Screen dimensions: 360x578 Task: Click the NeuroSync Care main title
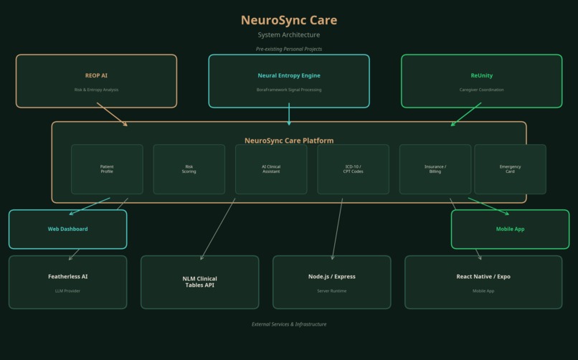click(289, 20)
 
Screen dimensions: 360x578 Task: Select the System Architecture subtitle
click(289, 34)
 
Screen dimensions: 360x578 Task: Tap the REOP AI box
click(96, 81)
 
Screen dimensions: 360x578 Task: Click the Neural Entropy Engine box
click(289, 81)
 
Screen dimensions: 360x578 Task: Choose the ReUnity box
click(481, 81)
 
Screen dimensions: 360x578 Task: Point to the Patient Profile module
click(107, 169)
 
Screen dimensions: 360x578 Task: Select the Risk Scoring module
click(189, 169)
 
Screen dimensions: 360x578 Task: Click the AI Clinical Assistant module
click(271, 169)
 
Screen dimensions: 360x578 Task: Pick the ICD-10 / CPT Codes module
click(354, 169)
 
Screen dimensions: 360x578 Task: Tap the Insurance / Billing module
click(435, 169)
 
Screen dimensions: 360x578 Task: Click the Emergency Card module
click(510, 169)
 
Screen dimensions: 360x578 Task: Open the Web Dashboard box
click(67, 229)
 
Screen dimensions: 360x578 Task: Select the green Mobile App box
click(510, 229)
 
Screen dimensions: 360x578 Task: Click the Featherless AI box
click(67, 282)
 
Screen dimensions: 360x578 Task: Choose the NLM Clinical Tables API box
click(199, 282)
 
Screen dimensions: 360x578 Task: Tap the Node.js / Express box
click(332, 282)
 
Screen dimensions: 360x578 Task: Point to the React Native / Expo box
click(483, 282)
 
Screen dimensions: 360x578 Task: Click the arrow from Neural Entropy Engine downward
click(289, 115)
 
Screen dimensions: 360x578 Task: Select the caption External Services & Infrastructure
click(289, 324)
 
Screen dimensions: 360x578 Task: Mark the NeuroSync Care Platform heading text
click(289, 141)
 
